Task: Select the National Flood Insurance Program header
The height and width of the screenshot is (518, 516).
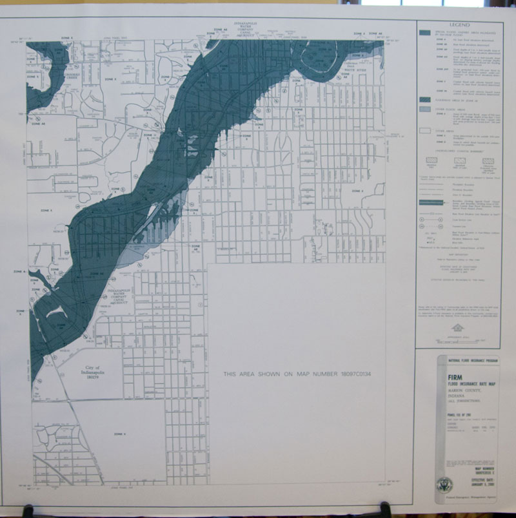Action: [459, 363]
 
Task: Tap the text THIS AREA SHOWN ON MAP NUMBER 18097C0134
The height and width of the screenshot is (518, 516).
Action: [300, 374]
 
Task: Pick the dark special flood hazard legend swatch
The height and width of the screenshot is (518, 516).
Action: [424, 32]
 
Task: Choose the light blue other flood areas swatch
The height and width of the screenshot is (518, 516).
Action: [424, 110]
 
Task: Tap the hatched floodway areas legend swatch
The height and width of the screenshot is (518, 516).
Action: [424, 101]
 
